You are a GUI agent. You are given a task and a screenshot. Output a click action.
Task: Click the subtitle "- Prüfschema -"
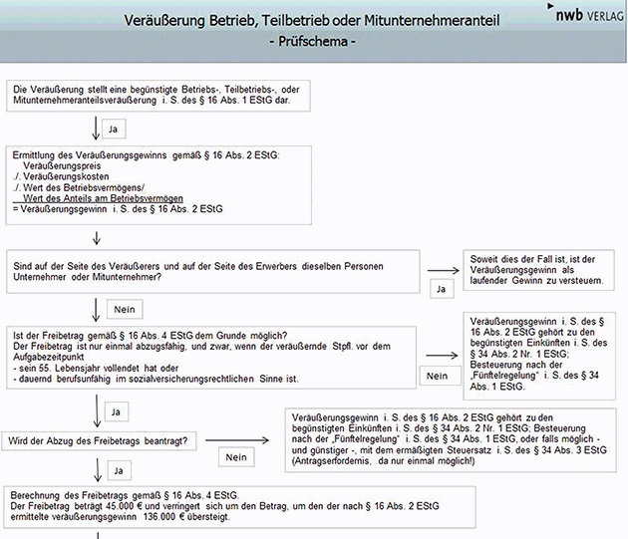[x=313, y=43]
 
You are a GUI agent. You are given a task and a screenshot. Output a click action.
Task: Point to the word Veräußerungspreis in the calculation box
[x=58, y=167]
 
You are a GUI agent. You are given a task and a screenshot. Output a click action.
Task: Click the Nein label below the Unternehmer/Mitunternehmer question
[x=124, y=309]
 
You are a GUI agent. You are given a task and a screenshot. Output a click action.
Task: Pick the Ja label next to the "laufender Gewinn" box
[x=440, y=289]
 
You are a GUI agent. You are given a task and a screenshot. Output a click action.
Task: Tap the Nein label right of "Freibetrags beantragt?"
[x=235, y=456]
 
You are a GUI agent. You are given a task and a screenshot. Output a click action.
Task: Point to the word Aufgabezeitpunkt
[x=52, y=357]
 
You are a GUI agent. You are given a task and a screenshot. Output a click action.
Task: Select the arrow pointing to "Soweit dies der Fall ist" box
[x=440, y=270]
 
